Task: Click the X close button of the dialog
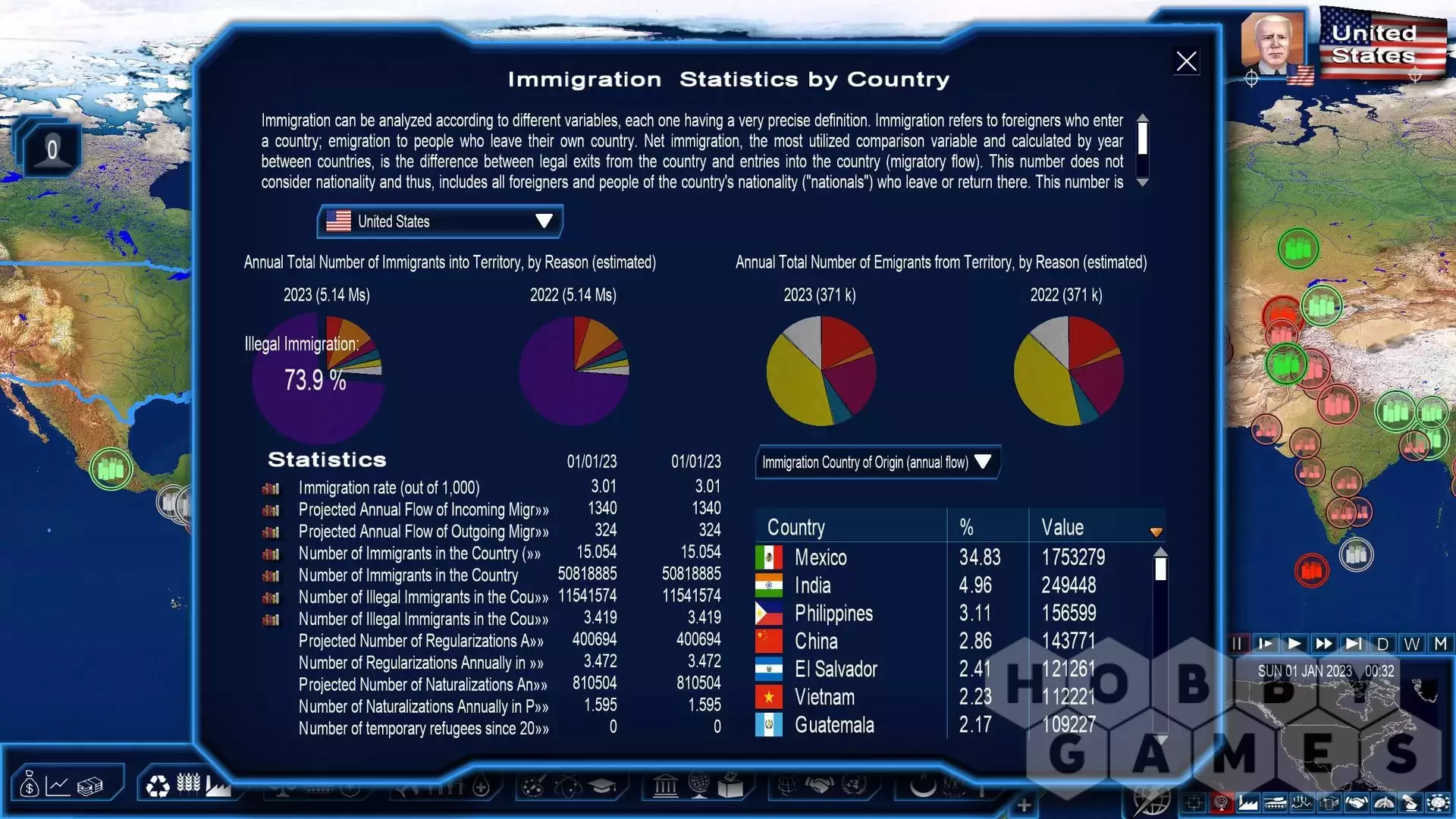[x=1186, y=61]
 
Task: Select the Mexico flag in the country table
[x=769, y=557]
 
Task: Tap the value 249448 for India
[x=1068, y=585]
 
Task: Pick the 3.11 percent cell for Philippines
[x=974, y=613]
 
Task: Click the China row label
[x=816, y=642]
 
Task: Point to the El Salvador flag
[x=769, y=670]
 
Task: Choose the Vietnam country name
[x=824, y=698]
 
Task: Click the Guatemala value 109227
[x=1068, y=725]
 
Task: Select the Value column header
[x=1062, y=528]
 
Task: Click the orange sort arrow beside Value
[x=1156, y=532]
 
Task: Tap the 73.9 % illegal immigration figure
[x=315, y=380]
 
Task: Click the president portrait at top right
[x=1272, y=44]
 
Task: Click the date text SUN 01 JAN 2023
[x=1304, y=671]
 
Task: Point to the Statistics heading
[x=327, y=460]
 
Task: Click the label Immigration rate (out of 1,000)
[x=388, y=488]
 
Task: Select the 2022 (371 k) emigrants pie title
[x=1065, y=295]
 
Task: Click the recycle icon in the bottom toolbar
[x=158, y=786]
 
